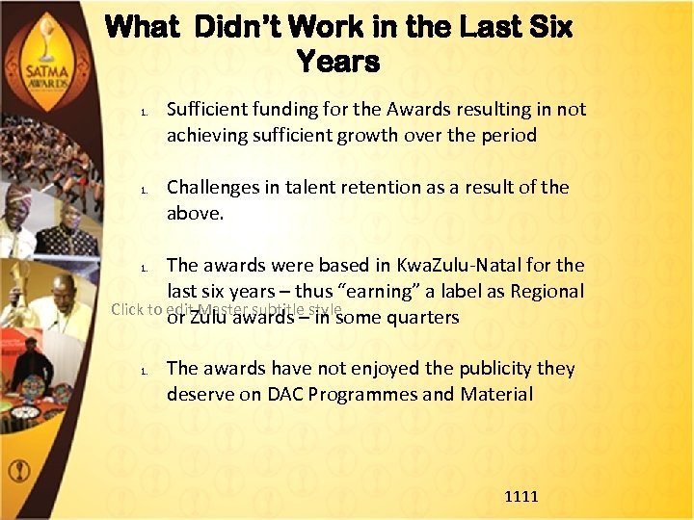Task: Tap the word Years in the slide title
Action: pos(338,63)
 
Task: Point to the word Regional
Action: pos(545,291)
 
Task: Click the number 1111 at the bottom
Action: pos(521,496)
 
